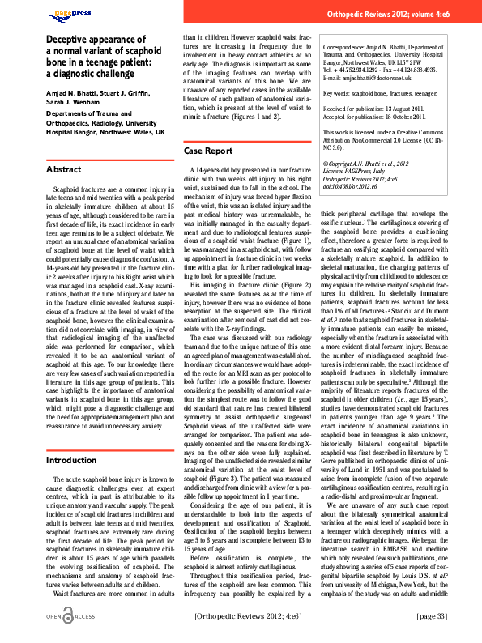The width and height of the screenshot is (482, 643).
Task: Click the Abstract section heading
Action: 64,169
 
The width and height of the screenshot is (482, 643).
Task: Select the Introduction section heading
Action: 72,460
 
